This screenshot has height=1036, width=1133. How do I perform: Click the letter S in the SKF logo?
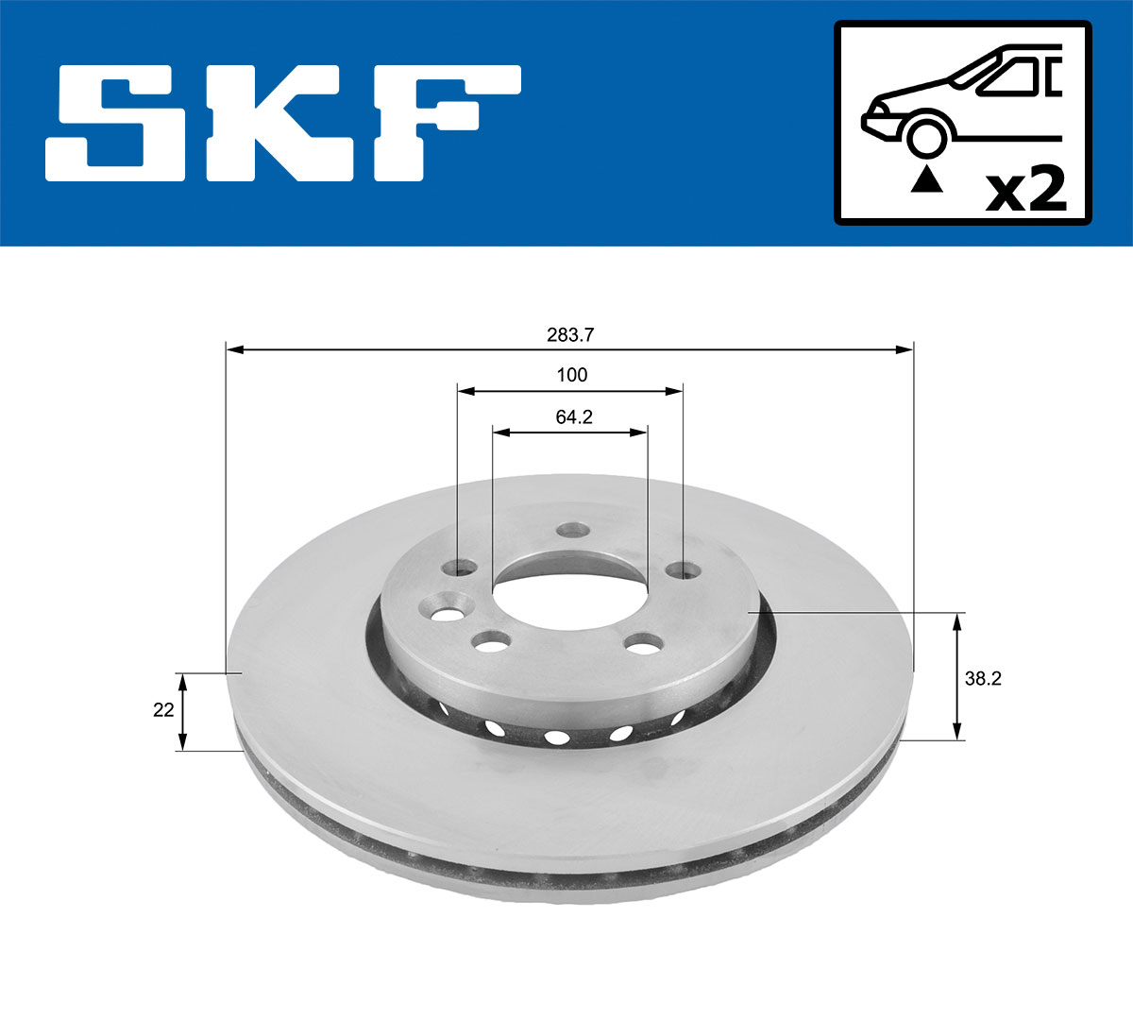(x=118, y=123)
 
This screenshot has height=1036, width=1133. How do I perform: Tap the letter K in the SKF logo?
(x=283, y=123)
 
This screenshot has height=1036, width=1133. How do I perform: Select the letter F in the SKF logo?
(x=444, y=123)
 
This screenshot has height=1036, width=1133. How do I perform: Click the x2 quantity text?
(x=1025, y=190)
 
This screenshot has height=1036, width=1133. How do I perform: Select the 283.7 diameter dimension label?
(x=569, y=334)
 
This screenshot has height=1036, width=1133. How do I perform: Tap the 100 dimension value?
(x=571, y=375)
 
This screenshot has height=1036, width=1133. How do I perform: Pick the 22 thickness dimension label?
(x=163, y=710)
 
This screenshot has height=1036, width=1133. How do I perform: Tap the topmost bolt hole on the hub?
(x=569, y=532)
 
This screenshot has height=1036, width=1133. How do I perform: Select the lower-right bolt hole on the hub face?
(x=643, y=646)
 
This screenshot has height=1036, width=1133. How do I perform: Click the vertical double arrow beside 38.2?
(x=957, y=676)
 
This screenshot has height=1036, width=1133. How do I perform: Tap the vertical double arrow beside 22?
(x=183, y=711)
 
